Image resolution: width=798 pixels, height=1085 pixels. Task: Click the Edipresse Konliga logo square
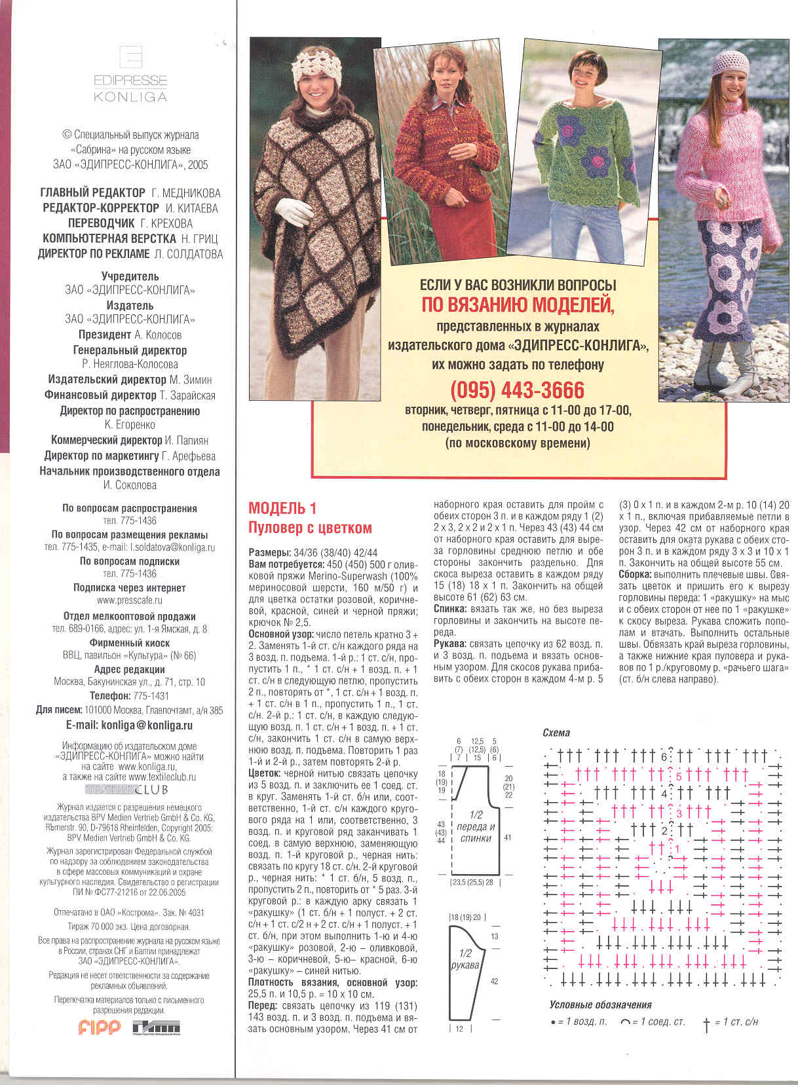coord(131,57)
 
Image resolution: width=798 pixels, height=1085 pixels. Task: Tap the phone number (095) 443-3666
coord(517,390)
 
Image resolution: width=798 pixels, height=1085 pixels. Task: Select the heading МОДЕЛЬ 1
coord(282,508)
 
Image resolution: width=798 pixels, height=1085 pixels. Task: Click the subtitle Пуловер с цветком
coord(310,528)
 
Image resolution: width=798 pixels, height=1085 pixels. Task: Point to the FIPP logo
coord(100,1027)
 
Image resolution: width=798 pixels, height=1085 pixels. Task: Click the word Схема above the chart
coord(556,733)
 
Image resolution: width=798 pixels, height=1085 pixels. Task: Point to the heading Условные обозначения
coord(600,1004)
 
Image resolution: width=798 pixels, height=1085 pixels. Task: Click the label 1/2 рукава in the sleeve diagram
coord(465,959)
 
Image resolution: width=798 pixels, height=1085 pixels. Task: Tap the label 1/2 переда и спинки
coord(476,826)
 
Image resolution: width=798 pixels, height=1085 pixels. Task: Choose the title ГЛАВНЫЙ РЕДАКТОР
coord(93,193)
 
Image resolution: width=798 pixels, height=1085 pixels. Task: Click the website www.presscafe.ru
coord(130,600)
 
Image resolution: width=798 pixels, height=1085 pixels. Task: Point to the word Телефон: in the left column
coord(110,696)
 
